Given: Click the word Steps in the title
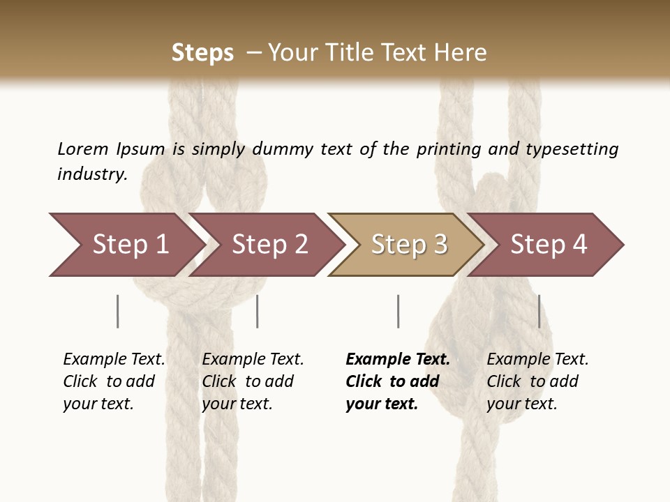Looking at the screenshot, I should (x=202, y=52).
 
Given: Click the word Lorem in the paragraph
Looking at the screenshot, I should (x=83, y=149).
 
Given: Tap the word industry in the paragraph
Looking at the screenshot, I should (x=91, y=174).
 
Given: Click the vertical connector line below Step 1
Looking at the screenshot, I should (x=118, y=311).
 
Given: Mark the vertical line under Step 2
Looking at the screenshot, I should (x=258, y=311).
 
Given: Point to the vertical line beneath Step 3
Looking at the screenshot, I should (x=398, y=311).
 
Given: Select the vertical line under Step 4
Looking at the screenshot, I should (x=539, y=311).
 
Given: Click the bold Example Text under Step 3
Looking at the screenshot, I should (x=398, y=359).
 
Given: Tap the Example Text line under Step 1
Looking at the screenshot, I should (x=114, y=359).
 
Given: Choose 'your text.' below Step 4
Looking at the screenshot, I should (x=521, y=404).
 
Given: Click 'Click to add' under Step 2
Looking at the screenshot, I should (x=248, y=381).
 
